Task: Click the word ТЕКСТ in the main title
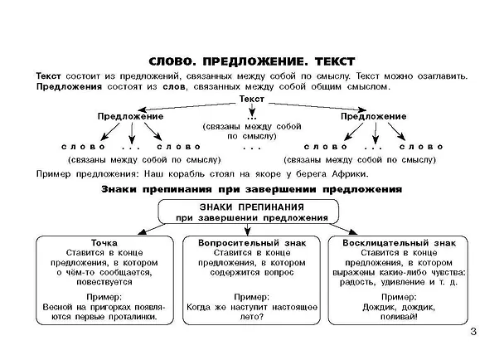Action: point(335,61)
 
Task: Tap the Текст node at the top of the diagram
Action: point(252,99)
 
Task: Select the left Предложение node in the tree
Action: point(130,116)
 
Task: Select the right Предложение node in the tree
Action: point(374,116)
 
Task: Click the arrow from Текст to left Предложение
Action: point(187,106)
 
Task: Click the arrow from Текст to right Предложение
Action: point(317,107)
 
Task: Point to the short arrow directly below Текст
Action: point(252,110)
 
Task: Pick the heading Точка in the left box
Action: point(104,243)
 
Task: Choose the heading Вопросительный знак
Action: point(252,243)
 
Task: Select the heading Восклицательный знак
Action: point(399,243)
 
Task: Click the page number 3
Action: point(473,331)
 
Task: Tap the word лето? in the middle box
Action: point(252,317)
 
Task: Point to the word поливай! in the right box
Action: point(399,317)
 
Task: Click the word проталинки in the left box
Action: point(133,317)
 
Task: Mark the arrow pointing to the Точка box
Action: point(151,230)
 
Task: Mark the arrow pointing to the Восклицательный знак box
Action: point(343,229)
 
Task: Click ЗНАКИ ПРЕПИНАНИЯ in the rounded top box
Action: point(252,207)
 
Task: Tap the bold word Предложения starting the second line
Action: point(69,87)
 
